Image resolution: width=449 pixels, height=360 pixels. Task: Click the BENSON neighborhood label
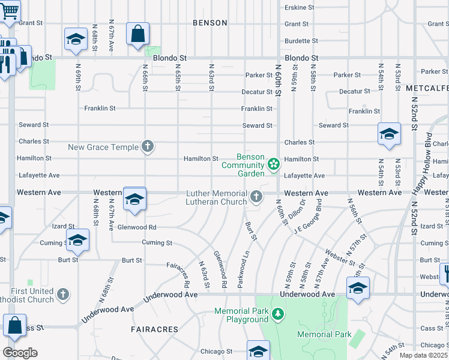pos(210,23)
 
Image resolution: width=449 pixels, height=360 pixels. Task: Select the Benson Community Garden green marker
pos(274,164)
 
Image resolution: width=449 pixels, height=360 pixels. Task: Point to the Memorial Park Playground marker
pos(277,314)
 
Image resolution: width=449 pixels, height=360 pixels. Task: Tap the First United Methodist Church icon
pos(62,295)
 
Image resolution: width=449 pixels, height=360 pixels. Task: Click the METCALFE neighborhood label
pos(427,88)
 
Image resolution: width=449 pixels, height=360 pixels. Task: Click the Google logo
pos(20,353)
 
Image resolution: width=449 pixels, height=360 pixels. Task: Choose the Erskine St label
pos(300,7)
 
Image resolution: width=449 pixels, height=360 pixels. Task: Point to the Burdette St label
pos(301,41)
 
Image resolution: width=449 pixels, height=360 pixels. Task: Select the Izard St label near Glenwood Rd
pos(62,226)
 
